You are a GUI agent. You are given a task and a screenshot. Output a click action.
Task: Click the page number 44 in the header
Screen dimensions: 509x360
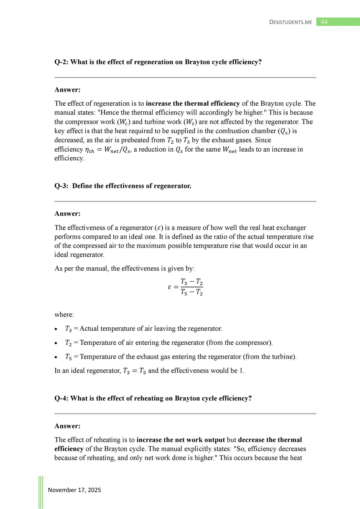(x=324, y=22)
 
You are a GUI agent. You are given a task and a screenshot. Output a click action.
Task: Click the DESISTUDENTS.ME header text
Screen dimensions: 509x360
(x=291, y=22)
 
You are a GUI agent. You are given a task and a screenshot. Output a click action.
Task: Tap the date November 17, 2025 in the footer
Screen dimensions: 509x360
(x=74, y=490)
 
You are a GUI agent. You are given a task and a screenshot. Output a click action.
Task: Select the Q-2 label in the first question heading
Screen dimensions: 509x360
(x=61, y=62)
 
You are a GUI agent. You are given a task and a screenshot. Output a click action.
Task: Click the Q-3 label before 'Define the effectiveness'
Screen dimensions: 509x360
(x=61, y=186)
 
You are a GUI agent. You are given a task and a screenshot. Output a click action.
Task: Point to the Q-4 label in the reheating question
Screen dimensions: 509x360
(x=61, y=398)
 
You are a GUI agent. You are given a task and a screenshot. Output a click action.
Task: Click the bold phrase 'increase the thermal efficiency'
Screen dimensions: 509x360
(x=193, y=103)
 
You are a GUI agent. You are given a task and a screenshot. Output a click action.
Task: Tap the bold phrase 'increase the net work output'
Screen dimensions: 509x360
(x=181, y=440)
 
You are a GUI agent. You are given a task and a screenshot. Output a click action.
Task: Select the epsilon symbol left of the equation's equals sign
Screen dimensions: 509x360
(x=170, y=287)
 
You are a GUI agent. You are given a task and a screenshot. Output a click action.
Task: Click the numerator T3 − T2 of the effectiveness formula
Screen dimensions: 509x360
(x=191, y=282)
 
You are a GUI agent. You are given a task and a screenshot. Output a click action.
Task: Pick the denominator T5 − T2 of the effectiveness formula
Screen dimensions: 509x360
(x=191, y=292)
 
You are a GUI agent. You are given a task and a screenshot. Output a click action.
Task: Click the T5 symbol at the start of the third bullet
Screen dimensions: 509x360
(x=68, y=357)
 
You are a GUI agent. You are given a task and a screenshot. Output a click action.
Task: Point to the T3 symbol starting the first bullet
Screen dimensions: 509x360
(x=68, y=329)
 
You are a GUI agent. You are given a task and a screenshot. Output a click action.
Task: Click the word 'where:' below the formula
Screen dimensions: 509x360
(x=64, y=315)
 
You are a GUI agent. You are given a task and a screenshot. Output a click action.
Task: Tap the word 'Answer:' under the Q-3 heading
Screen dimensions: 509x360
(x=67, y=214)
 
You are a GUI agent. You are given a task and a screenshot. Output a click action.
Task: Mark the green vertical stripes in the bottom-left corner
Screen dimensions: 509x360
(x=41, y=492)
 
